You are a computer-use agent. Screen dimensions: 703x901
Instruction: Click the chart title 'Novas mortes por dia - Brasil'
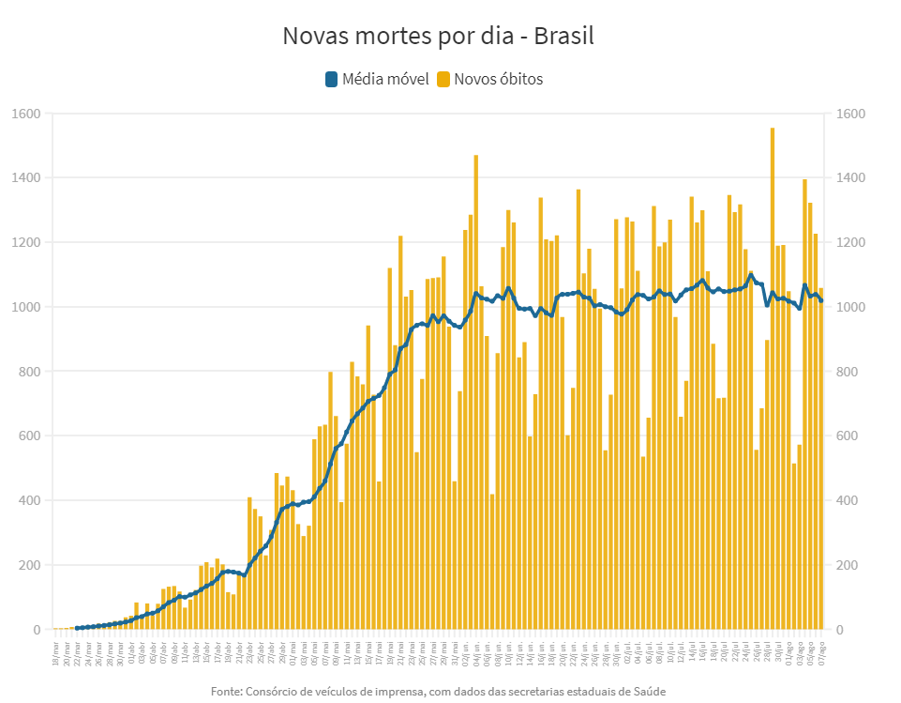coord(438,37)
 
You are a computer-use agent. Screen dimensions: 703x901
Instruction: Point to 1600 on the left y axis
coord(26,115)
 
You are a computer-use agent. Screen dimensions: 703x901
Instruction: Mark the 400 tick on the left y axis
coord(29,500)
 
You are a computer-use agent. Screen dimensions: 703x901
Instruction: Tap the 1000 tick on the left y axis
coord(26,308)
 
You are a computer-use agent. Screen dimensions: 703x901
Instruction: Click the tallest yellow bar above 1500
coord(773,375)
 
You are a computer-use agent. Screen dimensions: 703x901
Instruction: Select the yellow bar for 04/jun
coord(476,394)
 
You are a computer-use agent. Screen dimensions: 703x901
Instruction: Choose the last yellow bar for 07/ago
coord(821,460)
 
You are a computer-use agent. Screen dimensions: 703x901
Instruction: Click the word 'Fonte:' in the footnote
coord(226,692)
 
